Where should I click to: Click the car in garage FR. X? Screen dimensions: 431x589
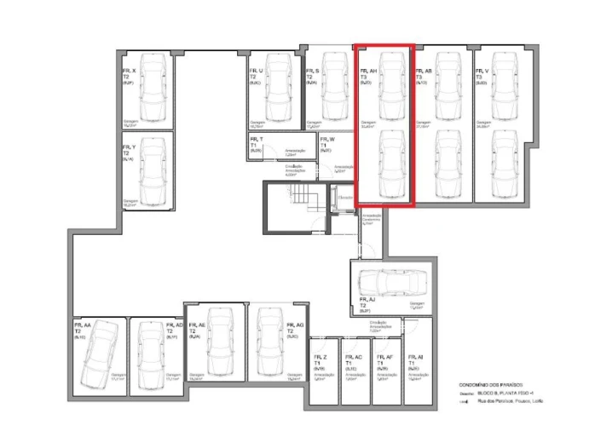154,89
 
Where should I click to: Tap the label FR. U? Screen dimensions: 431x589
256,71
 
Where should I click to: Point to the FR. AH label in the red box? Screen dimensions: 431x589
368,72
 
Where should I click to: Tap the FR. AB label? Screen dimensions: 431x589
424,72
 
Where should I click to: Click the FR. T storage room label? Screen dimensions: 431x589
256,139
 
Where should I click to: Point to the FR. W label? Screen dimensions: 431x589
327,139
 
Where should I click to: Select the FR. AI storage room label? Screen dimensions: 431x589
415,357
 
